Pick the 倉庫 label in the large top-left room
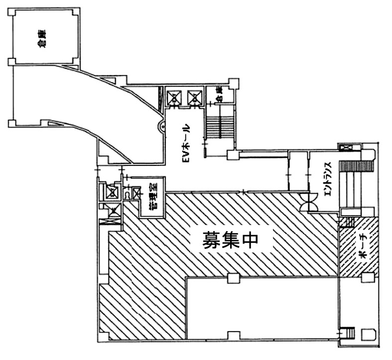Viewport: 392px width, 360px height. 42,39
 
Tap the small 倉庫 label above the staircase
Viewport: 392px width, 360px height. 219,93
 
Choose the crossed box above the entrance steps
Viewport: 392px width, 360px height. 345,148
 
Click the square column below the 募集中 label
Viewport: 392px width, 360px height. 231,278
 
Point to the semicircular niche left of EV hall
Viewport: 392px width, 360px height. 161,126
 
